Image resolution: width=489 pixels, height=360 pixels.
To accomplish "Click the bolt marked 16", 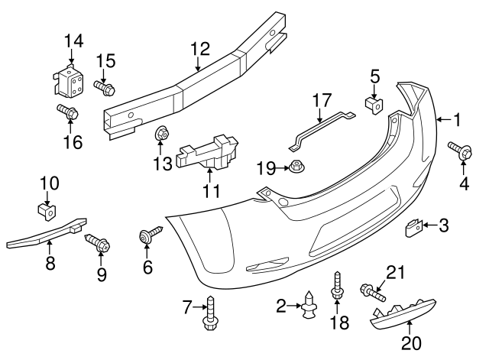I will pos(68,114).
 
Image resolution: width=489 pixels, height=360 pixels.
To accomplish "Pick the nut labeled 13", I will pos(162,135).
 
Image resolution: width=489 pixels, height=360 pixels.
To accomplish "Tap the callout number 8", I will pos(50,264).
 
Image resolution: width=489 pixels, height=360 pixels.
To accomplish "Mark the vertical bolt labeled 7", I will pos(209,315).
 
